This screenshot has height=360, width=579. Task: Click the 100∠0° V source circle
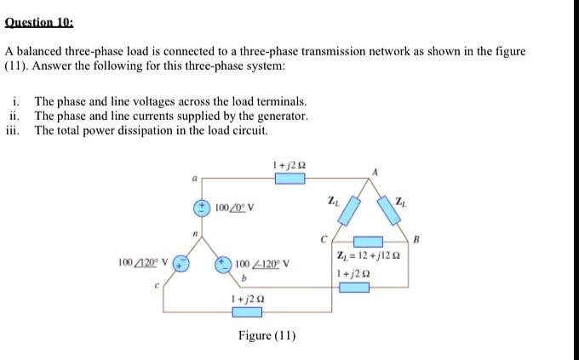(x=204, y=207)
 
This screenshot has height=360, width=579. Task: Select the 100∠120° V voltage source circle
(x=181, y=263)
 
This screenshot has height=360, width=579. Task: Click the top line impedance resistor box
(x=289, y=178)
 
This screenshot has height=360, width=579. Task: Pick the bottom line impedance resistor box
(x=248, y=312)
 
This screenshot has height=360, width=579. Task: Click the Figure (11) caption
(x=267, y=335)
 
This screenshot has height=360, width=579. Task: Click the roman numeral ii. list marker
(x=14, y=115)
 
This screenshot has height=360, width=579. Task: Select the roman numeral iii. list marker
(x=13, y=130)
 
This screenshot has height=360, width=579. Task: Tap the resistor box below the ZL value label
(x=355, y=288)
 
